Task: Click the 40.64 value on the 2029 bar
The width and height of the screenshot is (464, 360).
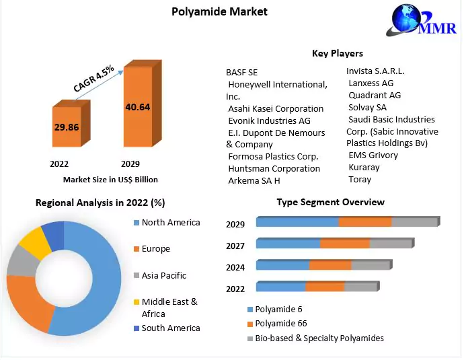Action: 137,106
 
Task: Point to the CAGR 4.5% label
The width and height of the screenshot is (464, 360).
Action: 93,79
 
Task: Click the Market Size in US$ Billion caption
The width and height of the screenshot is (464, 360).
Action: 110,180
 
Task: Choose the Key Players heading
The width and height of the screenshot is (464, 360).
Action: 337,53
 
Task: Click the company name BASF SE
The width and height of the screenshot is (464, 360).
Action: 241,72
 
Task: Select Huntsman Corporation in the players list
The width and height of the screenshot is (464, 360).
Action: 274,168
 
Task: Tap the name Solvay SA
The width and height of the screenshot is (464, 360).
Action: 367,107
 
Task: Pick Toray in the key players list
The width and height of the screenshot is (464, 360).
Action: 360,180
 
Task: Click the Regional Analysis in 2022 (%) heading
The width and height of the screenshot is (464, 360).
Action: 100,203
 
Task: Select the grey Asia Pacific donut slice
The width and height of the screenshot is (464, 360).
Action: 20,265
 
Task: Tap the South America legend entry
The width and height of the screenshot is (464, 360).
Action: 170,328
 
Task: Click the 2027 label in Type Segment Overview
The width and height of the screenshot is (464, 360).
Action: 235,246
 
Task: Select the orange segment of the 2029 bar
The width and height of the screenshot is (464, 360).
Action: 364,222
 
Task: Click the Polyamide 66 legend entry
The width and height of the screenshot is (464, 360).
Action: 281,324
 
